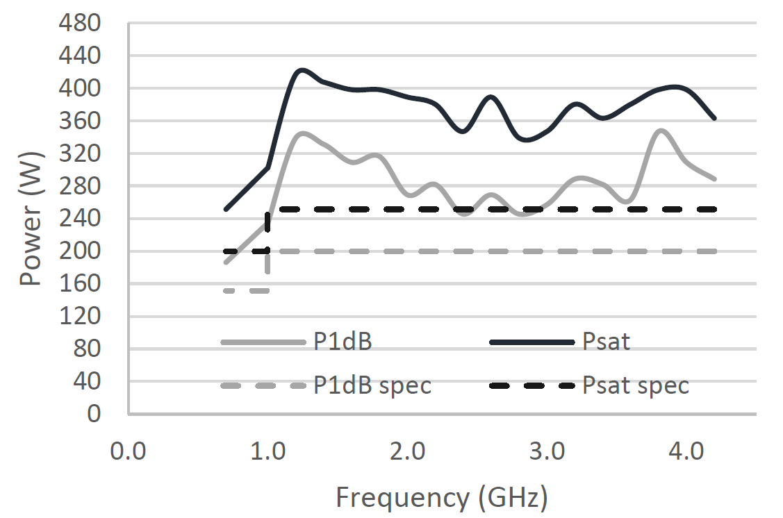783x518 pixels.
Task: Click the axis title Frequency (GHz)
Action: (x=442, y=497)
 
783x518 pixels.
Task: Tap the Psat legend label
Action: (x=607, y=342)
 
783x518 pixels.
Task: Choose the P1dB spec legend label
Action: (x=372, y=385)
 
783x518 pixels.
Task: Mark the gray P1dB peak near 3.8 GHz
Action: (x=661, y=130)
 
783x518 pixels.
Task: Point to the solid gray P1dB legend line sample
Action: (x=263, y=342)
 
